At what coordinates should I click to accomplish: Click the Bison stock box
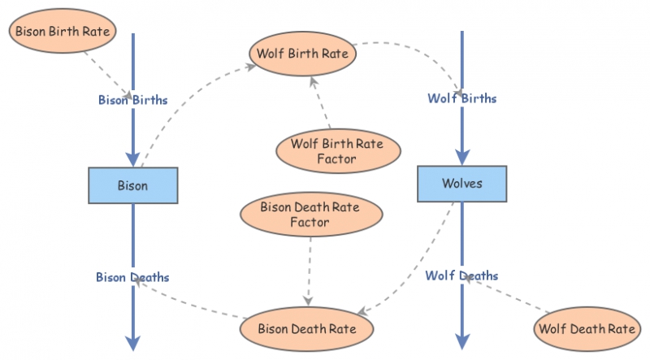pos(132,185)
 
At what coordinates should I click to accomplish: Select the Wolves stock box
pos(461,183)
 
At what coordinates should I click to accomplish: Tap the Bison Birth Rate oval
pos(61,32)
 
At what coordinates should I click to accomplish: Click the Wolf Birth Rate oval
pos(302,54)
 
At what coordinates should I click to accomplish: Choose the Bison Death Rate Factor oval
pos(310,215)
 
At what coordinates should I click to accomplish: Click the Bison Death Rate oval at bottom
pos(306,329)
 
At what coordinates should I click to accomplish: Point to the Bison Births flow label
pos(132,101)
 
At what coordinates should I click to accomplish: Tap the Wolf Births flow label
pos(461,98)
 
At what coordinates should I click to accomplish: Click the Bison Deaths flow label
pos(132,277)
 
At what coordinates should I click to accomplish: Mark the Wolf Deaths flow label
pos(461,275)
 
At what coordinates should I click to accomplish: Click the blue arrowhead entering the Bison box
pos(132,158)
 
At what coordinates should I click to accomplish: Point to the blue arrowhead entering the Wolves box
pos(461,156)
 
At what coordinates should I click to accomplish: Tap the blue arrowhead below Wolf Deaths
pos(461,340)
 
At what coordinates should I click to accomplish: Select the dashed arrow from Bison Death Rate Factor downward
pos(310,268)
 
